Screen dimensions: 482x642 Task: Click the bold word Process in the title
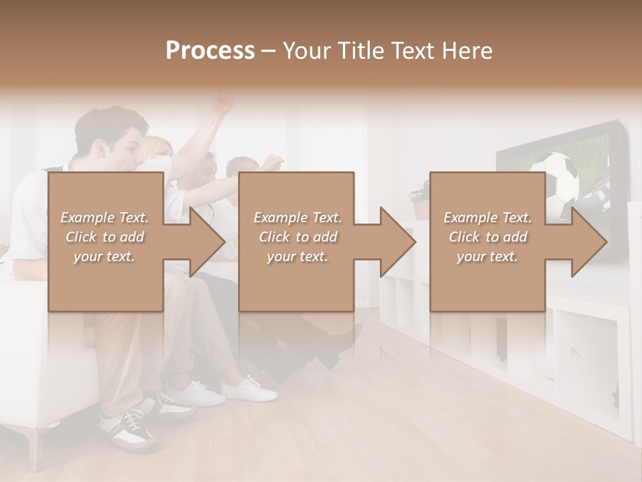210,51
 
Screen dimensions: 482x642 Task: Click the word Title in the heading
360,51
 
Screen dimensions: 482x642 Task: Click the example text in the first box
104,237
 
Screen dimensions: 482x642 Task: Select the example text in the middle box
298,237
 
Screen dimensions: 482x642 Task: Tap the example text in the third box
488,237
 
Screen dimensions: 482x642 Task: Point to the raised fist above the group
223,103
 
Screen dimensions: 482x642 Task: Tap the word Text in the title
416,51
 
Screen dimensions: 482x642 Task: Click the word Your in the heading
306,51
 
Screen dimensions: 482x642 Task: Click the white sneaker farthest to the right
251,390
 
